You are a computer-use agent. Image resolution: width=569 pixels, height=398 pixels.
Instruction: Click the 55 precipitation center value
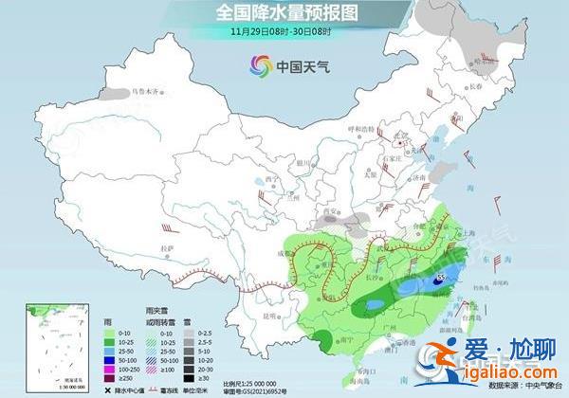click(x=442, y=280)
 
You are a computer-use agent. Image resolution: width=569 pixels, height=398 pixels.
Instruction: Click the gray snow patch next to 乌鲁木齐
click(x=117, y=94)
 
